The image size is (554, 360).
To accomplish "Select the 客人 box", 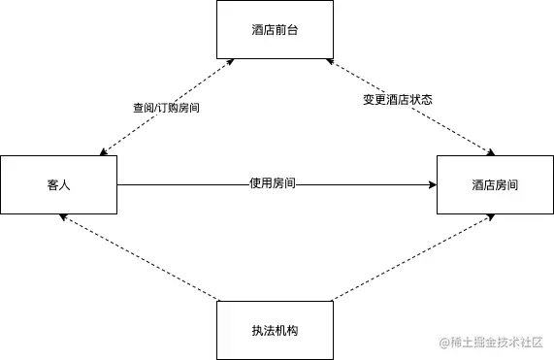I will [58, 184].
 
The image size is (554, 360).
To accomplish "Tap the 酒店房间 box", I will [495, 184].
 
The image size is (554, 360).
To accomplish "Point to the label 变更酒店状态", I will [398, 100].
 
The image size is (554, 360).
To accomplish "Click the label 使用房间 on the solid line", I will [272, 182].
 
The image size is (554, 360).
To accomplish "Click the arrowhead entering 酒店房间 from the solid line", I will [432, 183].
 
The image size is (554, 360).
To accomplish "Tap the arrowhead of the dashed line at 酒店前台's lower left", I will [229, 62].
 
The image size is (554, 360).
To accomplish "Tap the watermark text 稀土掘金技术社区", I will [493, 342].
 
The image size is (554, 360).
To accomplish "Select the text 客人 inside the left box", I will [58, 184].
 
